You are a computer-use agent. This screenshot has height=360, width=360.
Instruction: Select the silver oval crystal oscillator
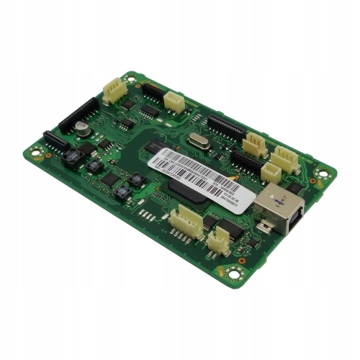coord(199,142)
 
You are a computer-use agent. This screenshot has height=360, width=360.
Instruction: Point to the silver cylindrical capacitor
coord(84,130)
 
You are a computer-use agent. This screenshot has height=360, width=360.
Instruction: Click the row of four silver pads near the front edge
coord(148,214)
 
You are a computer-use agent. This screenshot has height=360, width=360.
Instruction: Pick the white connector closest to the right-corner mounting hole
coord(286,156)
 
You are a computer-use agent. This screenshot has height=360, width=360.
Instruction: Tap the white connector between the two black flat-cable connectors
coord(174,102)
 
